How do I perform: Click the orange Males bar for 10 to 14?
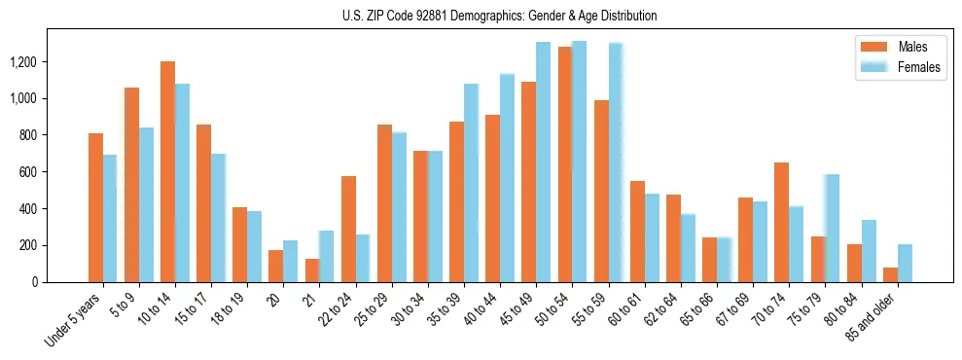click(x=167, y=172)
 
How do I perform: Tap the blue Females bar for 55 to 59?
click(x=616, y=162)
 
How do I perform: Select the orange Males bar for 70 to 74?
click(x=781, y=222)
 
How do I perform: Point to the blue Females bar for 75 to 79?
click(x=832, y=228)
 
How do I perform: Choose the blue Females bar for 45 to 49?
click(x=543, y=162)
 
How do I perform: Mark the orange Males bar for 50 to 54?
click(x=565, y=164)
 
